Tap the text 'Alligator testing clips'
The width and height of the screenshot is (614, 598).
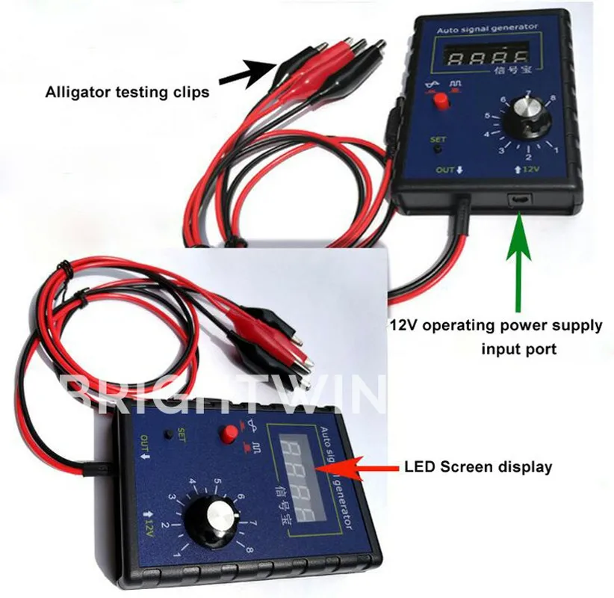click(x=128, y=93)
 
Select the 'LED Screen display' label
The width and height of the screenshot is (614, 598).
click(x=478, y=467)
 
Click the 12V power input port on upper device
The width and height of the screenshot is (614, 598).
click(x=520, y=200)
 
